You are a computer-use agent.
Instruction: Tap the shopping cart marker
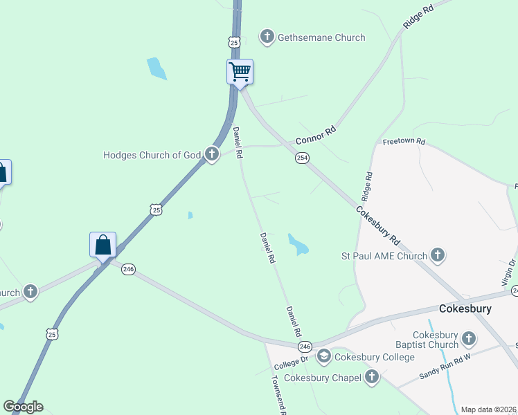click(x=240, y=71)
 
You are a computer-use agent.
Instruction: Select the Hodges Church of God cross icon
click(x=212, y=155)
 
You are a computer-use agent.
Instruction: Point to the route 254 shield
click(x=303, y=158)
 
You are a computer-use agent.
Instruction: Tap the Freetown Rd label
click(x=404, y=142)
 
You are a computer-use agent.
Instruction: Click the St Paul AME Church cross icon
click(x=438, y=256)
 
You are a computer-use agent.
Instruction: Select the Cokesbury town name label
click(x=465, y=308)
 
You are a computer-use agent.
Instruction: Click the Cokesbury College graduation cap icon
click(x=323, y=357)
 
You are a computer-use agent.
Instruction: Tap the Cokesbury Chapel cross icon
click(x=372, y=377)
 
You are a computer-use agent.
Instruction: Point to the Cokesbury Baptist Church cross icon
click(x=469, y=339)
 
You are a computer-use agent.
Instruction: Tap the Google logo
click(x=23, y=407)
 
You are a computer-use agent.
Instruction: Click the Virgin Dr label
click(x=508, y=273)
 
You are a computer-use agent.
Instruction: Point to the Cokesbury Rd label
click(x=378, y=225)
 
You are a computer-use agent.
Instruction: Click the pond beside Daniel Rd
click(x=298, y=244)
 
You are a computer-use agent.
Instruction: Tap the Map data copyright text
click(x=488, y=409)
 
